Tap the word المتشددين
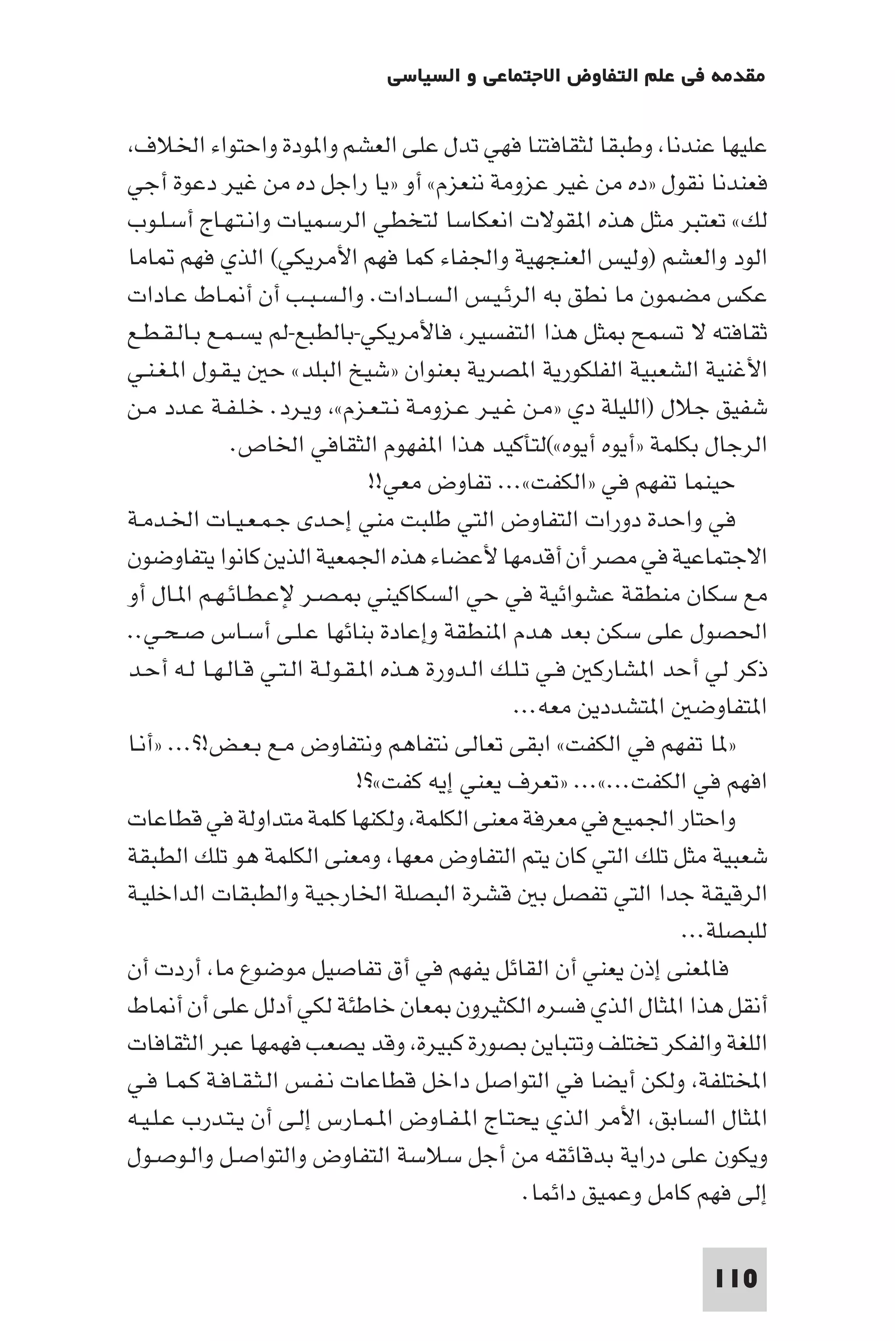pyautogui.click(x=621, y=707)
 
